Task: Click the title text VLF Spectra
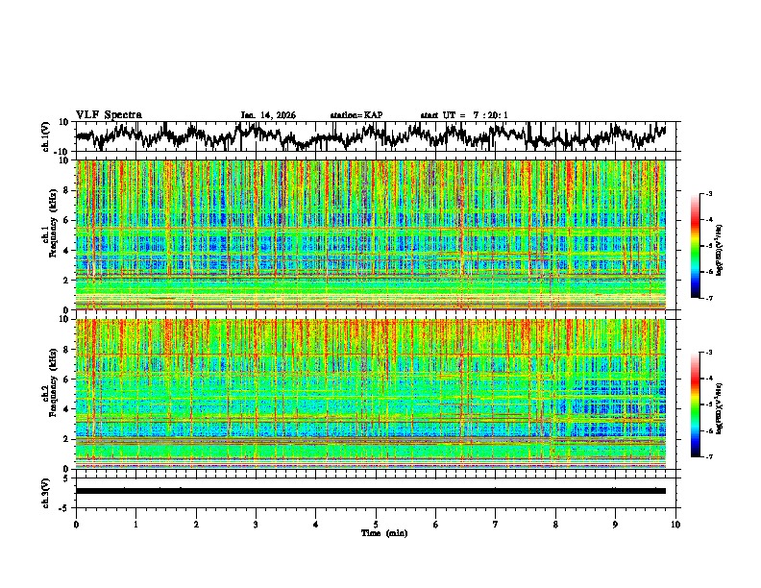pos(109,114)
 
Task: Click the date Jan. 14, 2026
pos(268,115)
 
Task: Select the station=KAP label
pos(356,115)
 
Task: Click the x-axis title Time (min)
pos(382,532)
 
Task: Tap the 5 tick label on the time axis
pos(376,524)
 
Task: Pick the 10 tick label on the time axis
pos(675,524)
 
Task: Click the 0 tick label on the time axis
pos(76,524)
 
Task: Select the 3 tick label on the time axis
pos(256,524)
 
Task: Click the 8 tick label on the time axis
pos(555,524)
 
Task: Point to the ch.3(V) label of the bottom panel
pos(46,491)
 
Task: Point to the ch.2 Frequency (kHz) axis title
pos(48,392)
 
